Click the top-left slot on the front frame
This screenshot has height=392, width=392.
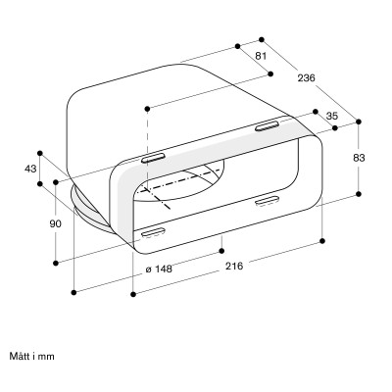tap(154, 158)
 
